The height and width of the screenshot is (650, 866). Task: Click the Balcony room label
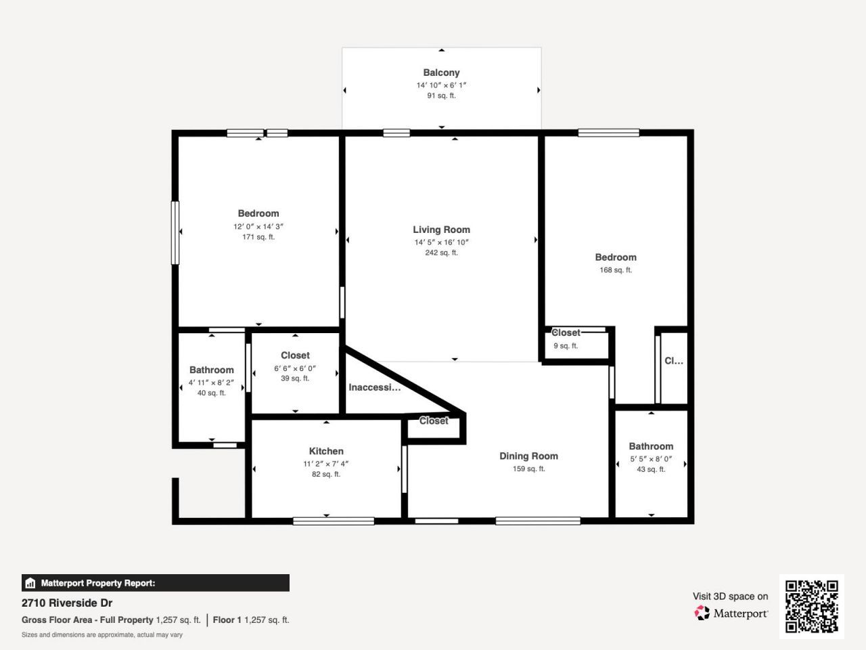[441, 72]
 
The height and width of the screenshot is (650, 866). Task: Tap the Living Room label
[441, 230]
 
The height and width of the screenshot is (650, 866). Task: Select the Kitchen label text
[326, 451]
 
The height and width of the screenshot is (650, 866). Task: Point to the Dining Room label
[528, 456]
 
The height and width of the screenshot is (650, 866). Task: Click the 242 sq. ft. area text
[441, 253]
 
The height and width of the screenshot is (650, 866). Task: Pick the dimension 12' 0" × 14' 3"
[258, 226]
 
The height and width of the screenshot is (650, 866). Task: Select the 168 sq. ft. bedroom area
[616, 269]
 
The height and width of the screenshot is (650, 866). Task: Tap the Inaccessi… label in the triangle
[374, 387]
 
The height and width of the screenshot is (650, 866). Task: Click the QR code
[811, 606]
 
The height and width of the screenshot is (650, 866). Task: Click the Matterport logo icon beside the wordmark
[702, 613]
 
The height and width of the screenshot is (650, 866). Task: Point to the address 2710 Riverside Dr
[67, 603]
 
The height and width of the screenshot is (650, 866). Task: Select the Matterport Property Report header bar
[156, 583]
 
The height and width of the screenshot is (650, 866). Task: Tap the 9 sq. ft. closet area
[566, 345]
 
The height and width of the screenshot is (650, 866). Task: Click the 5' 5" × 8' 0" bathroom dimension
[651, 458]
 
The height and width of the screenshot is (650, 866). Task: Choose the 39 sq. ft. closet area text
[295, 378]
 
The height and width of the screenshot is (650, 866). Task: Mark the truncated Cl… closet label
[673, 361]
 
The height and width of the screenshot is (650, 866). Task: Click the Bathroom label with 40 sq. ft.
[211, 370]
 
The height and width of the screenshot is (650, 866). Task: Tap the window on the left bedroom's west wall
[175, 232]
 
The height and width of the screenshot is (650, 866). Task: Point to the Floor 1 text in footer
[227, 620]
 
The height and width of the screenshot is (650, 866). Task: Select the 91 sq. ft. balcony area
[441, 95]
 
